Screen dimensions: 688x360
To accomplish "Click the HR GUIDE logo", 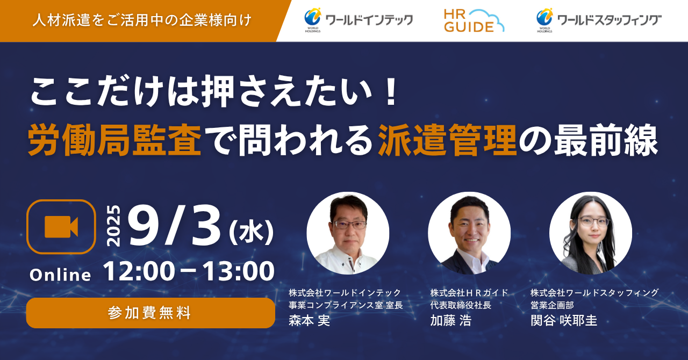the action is (x=474, y=20).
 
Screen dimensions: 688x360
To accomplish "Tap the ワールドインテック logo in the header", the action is (x=359, y=20).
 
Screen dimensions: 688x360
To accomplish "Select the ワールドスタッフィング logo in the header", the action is (x=599, y=20).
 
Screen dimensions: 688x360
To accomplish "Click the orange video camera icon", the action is (x=61, y=227).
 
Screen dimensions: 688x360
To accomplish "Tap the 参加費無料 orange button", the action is (x=150, y=313).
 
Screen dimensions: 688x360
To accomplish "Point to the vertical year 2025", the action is (x=113, y=226).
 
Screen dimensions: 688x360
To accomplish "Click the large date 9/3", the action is (x=175, y=226).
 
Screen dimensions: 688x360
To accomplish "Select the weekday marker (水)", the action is (x=251, y=232).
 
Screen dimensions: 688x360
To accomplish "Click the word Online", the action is (x=60, y=275).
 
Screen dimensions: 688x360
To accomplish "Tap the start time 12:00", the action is (x=139, y=271).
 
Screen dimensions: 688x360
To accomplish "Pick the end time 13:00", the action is (x=238, y=271).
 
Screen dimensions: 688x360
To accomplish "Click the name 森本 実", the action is (x=309, y=321).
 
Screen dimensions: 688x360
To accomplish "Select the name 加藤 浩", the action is (x=450, y=321).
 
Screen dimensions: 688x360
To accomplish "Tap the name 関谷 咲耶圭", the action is (x=564, y=321).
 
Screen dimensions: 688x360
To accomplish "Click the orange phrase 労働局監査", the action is (x=114, y=140).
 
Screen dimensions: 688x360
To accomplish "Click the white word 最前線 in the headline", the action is (x=606, y=140).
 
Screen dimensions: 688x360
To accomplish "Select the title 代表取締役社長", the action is (x=461, y=305).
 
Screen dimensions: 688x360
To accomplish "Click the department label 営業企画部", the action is (x=552, y=305).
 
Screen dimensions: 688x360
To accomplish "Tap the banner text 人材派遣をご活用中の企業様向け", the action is (x=142, y=20).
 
